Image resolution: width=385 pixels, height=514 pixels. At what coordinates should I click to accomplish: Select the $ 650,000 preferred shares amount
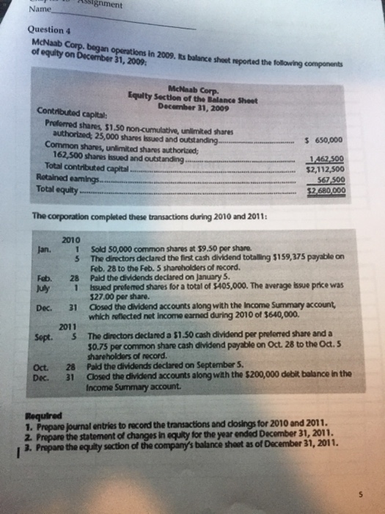(323, 139)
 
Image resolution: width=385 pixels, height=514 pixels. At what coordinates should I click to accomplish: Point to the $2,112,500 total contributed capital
(326, 170)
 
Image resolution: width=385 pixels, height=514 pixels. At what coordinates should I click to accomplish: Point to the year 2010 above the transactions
(71, 240)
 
